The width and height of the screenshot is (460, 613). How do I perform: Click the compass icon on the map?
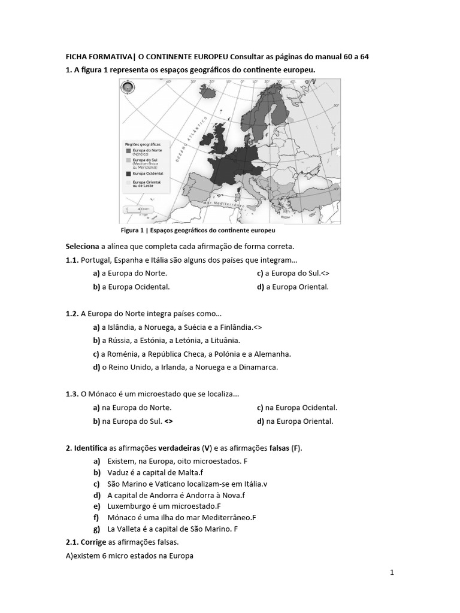point(128,88)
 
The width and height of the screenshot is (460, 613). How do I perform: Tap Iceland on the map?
point(209,93)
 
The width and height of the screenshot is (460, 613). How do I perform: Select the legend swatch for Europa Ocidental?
point(128,172)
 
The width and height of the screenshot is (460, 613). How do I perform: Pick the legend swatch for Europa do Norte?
point(128,151)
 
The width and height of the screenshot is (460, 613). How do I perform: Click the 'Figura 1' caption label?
point(133,229)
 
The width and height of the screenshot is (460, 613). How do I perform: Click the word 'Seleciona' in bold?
point(82,247)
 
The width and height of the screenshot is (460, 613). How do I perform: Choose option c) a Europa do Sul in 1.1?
point(293,273)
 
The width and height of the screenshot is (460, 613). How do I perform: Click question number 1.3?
point(72,394)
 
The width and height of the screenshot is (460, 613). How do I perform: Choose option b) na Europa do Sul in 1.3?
point(133,421)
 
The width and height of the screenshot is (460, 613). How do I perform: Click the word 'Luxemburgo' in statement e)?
point(128,506)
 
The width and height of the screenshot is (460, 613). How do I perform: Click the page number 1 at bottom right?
point(392,573)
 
